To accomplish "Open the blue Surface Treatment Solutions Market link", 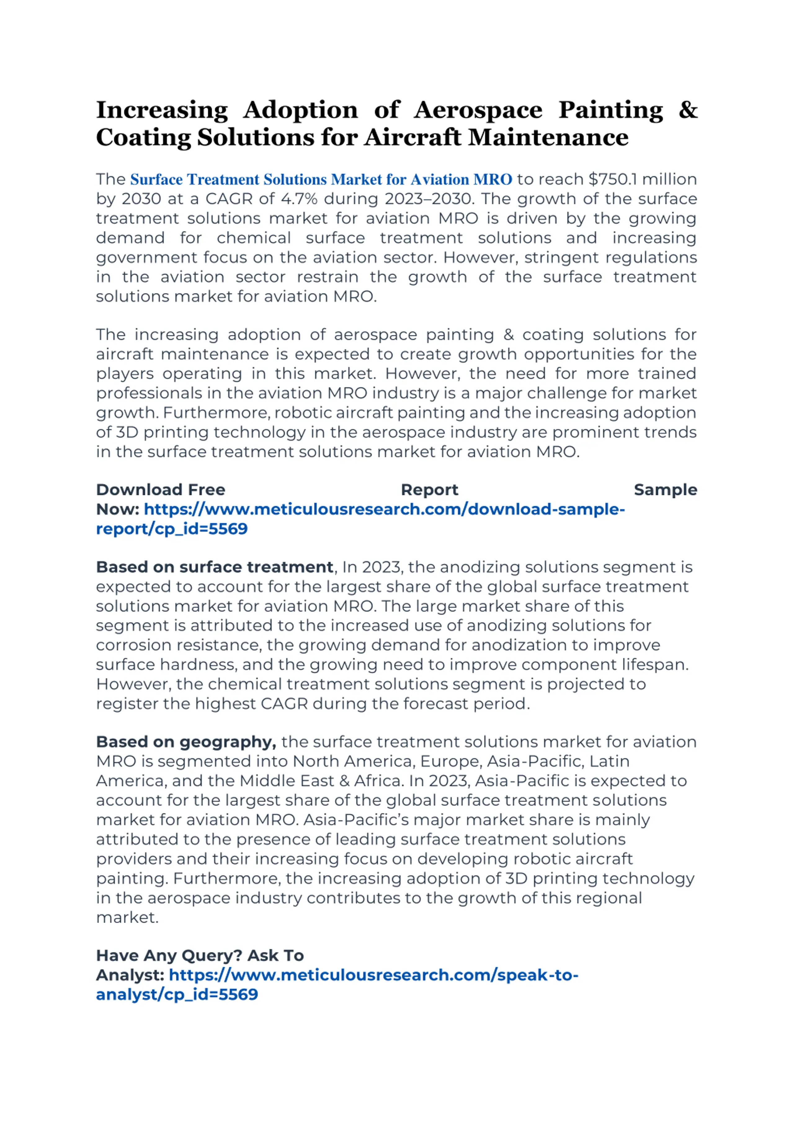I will pyautogui.click(x=321, y=180).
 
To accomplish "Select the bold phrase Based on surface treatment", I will pyautogui.click(x=214, y=567).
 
